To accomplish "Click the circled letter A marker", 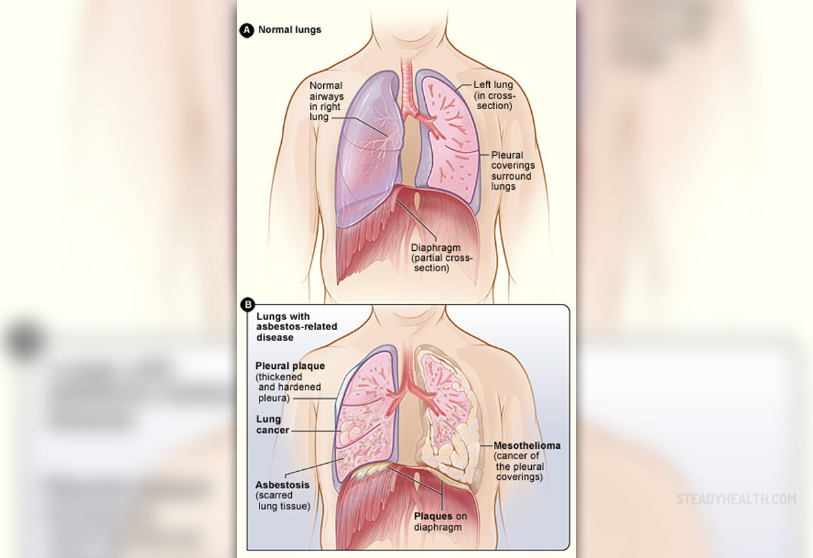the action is click(x=247, y=31).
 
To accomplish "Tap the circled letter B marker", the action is click(x=248, y=304).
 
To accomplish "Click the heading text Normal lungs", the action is click(x=290, y=30).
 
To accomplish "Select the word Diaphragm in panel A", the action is click(x=436, y=248).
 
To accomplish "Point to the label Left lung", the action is click(x=493, y=85).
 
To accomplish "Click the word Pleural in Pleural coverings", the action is click(x=507, y=155).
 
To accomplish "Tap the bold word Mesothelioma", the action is click(x=527, y=445).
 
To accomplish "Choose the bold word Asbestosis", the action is click(x=283, y=485).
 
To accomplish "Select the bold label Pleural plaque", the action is click(x=290, y=366).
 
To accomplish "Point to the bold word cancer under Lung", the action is click(x=272, y=430).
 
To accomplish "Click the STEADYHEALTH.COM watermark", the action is click(x=736, y=499).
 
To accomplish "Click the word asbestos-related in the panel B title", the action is click(x=297, y=327).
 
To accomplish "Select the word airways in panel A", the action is click(x=327, y=97).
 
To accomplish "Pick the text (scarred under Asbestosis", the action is click(x=274, y=496).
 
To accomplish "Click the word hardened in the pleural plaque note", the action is click(x=302, y=387).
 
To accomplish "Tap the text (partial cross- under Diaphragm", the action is click(x=442, y=258).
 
